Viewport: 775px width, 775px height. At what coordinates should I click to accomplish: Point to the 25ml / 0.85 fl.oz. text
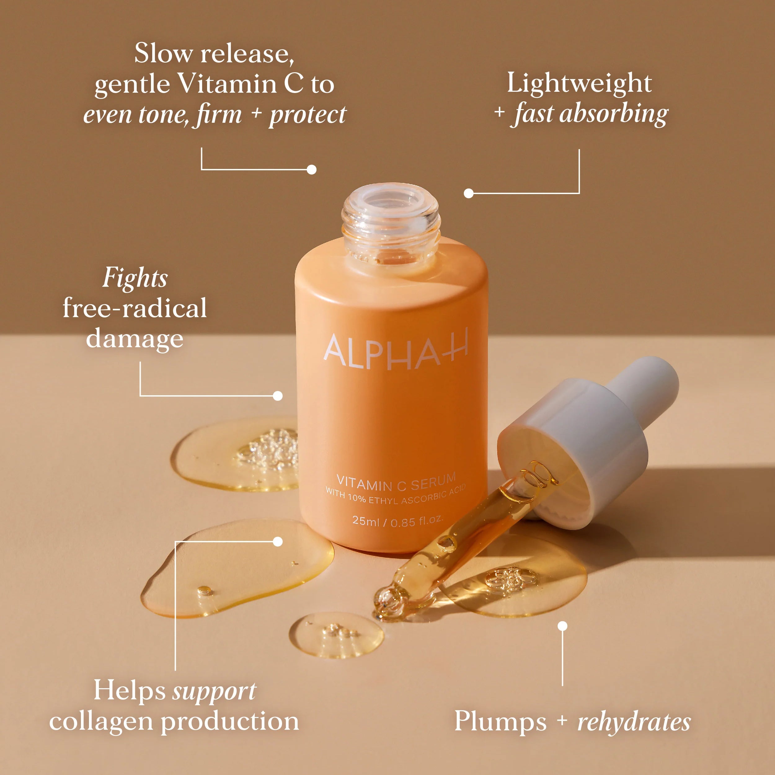(397, 521)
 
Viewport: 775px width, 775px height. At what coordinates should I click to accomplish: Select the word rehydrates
(634, 722)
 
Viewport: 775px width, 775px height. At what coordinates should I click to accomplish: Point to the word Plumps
(500, 722)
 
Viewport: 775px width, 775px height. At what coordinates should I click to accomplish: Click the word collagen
(102, 722)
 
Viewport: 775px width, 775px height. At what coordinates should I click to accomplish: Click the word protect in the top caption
(307, 115)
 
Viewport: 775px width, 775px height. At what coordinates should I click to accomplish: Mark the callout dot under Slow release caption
(311, 169)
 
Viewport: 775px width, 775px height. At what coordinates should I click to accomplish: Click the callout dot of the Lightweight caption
(468, 193)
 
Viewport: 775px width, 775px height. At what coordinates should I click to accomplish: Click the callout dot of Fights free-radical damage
(277, 396)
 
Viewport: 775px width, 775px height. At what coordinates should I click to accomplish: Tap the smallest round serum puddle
(336, 634)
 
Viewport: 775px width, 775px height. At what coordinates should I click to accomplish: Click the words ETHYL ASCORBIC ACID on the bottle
(417, 498)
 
